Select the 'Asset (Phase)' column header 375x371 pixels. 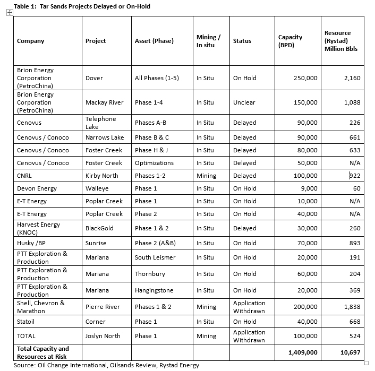[x=154, y=41]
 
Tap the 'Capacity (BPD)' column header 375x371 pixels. [x=290, y=41]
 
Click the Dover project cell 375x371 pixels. [x=94, y=78]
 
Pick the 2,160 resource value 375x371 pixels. [x=351, y=78]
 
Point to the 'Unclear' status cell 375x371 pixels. [x=244, y=102]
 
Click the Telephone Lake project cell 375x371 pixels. [x=100, y=123]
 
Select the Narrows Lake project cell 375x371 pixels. [x=105, y=137]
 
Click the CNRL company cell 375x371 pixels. [x=26, y=176]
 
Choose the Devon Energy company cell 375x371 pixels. [x=37, y=188]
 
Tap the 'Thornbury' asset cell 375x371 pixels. [x=150, y=274]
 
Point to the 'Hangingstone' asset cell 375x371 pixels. [x=154, y=290]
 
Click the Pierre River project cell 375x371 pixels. [x=103, y=307]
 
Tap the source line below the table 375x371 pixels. [x=106, y=365]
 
